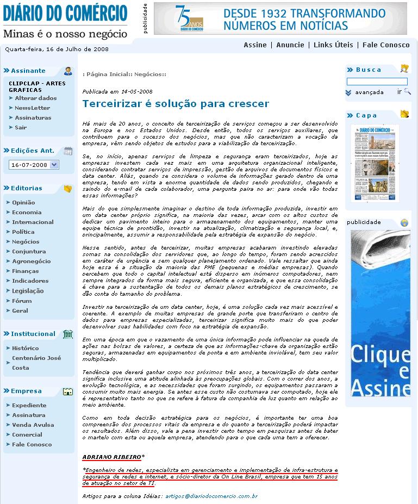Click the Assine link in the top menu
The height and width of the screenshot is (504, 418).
[255, 45]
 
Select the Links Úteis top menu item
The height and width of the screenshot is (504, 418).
[333, 45]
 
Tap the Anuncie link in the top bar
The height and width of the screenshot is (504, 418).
[290, 45]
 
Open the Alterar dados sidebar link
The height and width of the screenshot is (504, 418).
[35, 98]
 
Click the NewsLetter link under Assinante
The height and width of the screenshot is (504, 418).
[32, 108]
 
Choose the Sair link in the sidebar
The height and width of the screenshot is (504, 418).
[21, 127]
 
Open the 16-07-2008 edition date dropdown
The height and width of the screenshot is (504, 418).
[34, 165]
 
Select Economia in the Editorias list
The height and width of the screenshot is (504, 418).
[27, 212]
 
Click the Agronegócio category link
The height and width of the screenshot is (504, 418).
[31, 261]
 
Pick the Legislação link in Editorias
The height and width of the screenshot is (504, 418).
[28, 290]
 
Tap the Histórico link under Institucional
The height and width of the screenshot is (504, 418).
[25, 348]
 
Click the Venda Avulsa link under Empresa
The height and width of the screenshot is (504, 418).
[33, 425]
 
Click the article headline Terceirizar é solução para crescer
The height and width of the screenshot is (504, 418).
[176, 103]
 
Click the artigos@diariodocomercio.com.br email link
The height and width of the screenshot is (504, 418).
[212, 496]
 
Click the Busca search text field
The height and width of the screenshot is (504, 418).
[377, 82]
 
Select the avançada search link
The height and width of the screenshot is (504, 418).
[369, 92]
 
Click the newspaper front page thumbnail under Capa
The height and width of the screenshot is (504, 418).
[375, 163]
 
